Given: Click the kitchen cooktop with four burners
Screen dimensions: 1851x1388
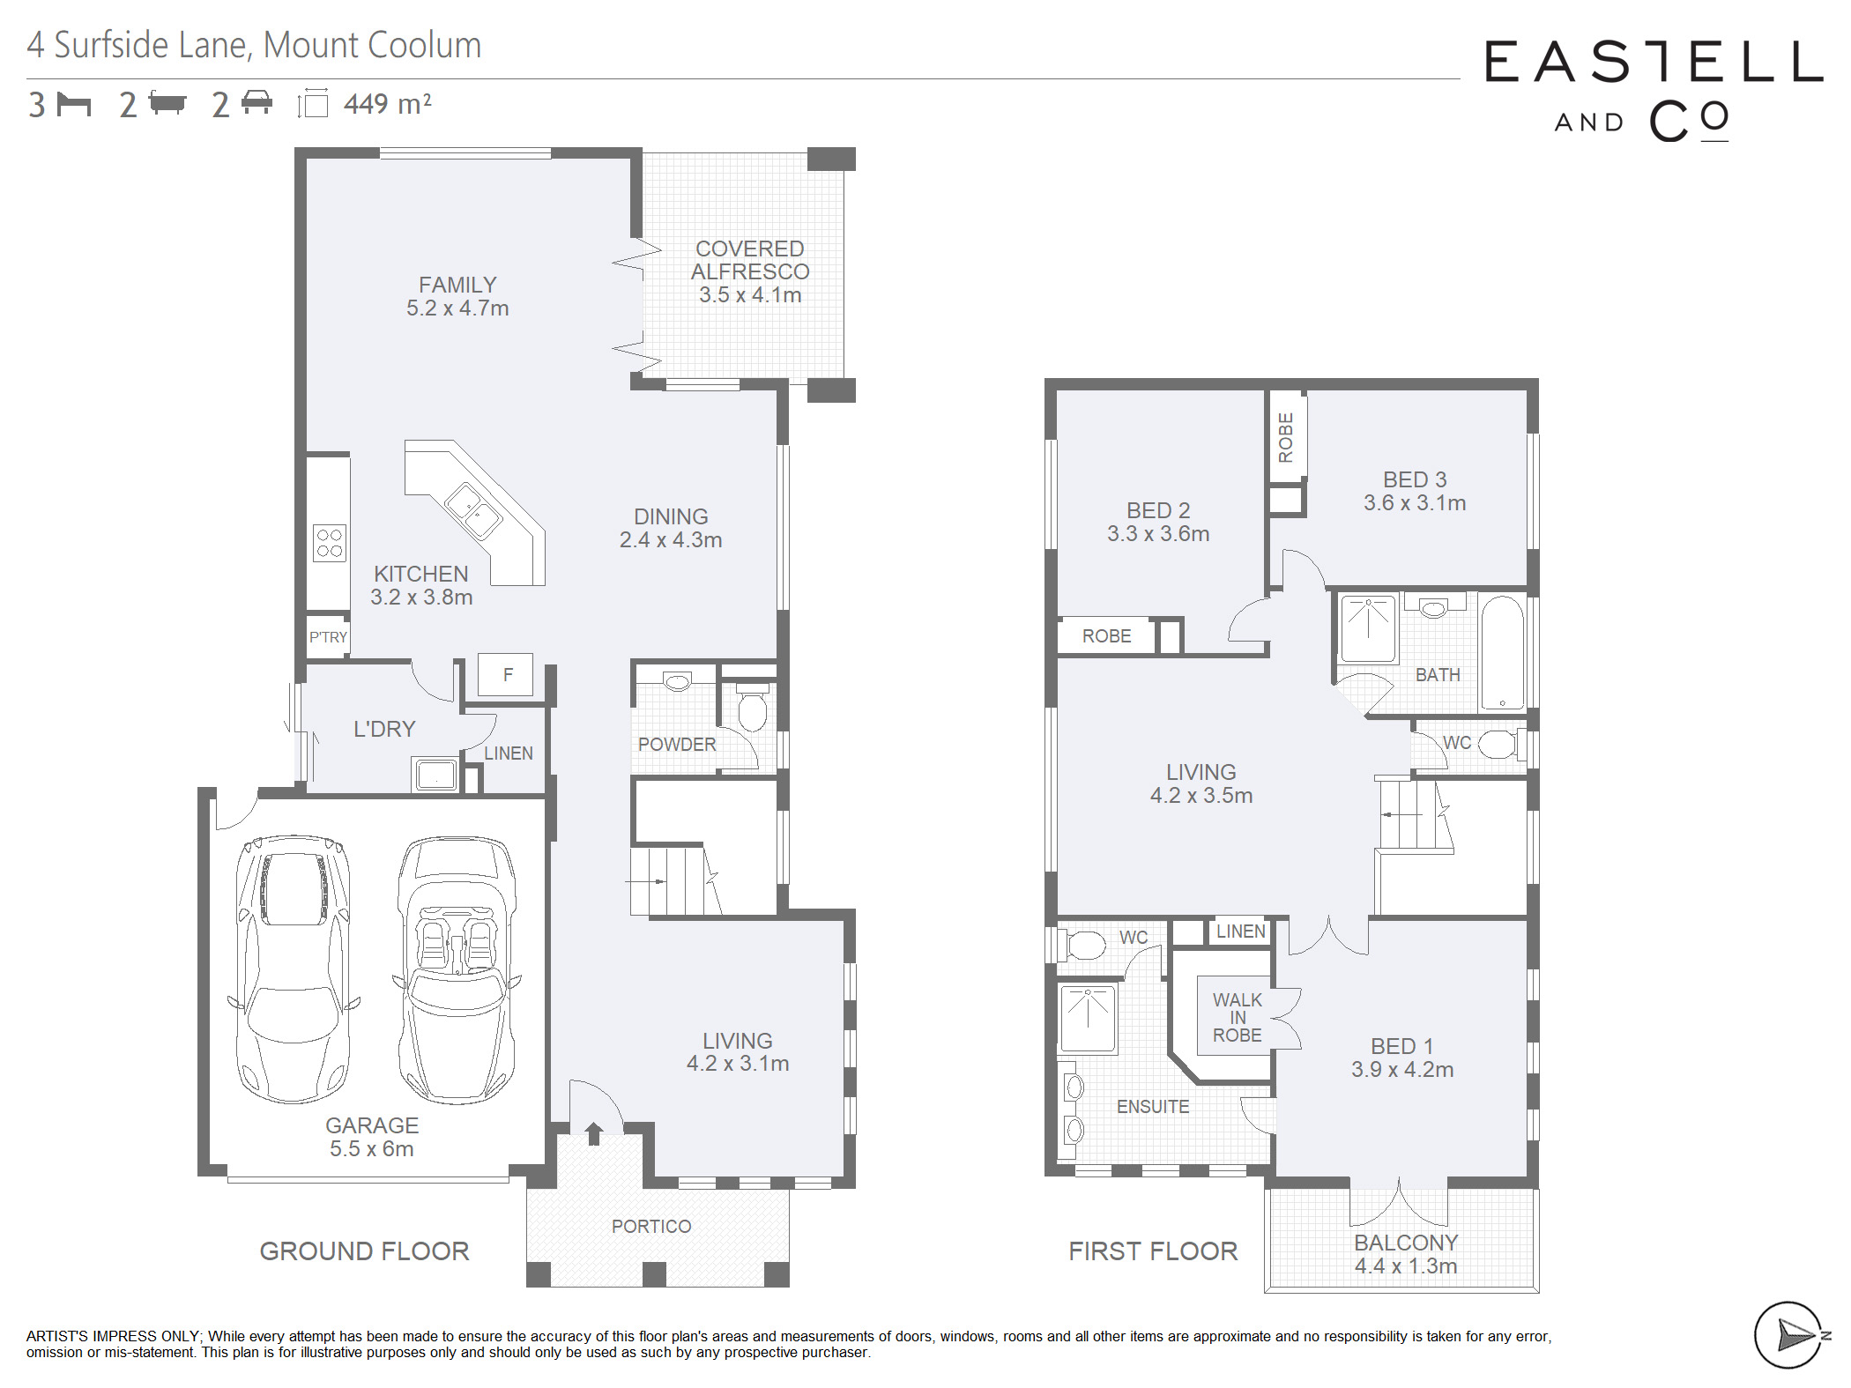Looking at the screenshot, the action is [330, 542].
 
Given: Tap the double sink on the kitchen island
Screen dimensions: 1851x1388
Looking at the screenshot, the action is [473, 511].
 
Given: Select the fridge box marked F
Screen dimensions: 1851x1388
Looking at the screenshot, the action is [506, 675].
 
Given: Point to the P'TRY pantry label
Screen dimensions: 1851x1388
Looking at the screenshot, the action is [328, 637].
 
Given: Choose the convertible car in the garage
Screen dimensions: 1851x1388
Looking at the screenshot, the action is [457, 969].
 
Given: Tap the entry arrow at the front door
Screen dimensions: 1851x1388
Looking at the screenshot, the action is [594, 1133].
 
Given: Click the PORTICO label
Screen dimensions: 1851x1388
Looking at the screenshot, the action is [651, 1226].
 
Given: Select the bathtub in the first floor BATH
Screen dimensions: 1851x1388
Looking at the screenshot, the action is [1502, 653].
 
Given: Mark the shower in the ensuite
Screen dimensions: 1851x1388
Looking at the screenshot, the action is [1089, 1019].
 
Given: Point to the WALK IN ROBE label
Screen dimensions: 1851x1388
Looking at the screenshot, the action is [1238, 1018].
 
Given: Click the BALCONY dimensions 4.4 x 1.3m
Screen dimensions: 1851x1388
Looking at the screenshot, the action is [1406, 1266].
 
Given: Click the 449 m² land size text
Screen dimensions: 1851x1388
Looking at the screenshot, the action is [388, 104].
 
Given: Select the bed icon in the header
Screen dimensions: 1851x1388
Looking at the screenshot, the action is [74, 104].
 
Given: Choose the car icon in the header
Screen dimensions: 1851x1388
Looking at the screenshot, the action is [256, 102].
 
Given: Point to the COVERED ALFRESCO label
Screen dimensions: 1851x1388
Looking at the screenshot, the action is [750, 260].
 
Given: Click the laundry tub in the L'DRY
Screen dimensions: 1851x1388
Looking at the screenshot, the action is [435, 775].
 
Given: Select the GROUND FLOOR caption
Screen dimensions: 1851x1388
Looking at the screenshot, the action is [364, 1251].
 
